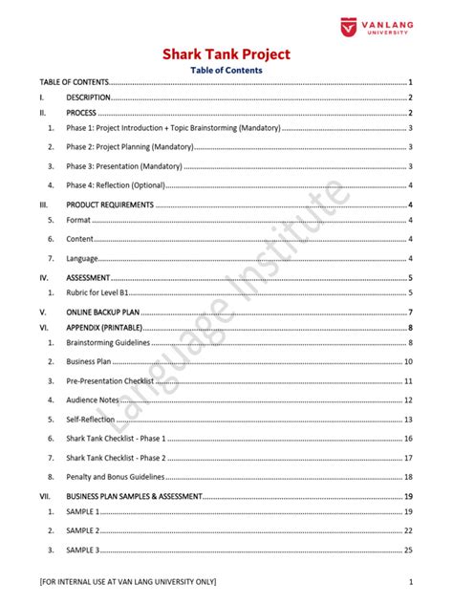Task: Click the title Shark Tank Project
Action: [226, 54]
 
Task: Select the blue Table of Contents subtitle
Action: [226, 70]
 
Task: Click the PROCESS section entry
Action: [82, 113]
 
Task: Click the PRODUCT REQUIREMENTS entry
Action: [109, 205]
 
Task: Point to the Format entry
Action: [78, 220]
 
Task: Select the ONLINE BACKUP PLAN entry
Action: [105, 313]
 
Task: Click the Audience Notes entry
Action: [93, 399]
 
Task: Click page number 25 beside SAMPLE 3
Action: [408, 550]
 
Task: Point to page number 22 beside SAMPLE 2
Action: [408, 530]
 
